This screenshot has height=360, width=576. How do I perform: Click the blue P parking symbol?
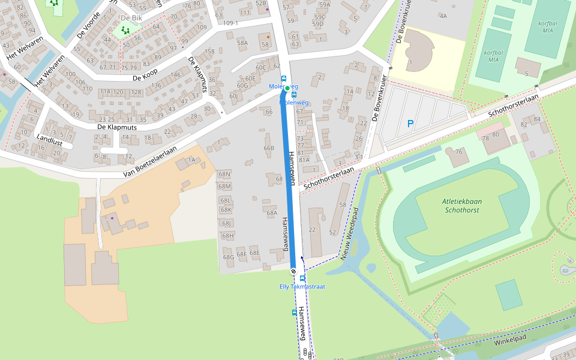click(x=410, y=124)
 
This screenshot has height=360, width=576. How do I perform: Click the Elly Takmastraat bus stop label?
click(x=302, y=287)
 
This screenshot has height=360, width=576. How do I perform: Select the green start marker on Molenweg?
click(x=287, y=88)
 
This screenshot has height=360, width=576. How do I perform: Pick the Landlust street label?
click(x=49, y=138)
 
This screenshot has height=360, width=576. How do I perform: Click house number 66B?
click(x=268, y=148)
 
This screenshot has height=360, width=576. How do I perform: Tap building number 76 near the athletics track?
click(x=459, y=151)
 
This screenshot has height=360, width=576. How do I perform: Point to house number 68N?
click(x=224, y=175)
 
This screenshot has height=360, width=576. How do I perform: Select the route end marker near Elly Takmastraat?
click(x=293, y=272)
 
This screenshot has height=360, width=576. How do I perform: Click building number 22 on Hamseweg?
click(x=312, y=229)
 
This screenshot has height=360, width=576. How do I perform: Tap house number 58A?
click(x=242, y=43)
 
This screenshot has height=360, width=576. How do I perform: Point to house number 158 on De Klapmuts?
click(x=209, y=52)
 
